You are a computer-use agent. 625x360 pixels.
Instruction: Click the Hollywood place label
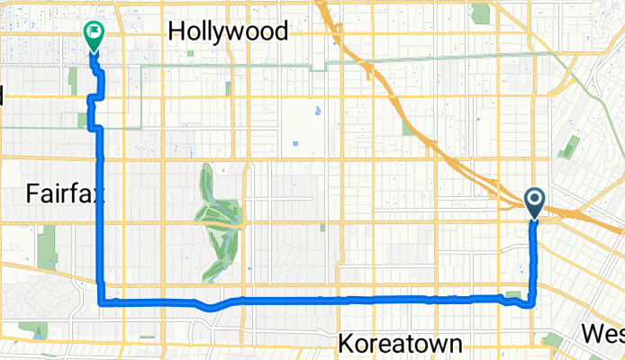pos(229,31)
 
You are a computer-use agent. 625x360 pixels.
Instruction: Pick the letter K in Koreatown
pos(346,343)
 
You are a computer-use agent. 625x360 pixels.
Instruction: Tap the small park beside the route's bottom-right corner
pos(514,294)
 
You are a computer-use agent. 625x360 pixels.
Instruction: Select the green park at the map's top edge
pos(480,13)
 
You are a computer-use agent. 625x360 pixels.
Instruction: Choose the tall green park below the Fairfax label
pos(45,243)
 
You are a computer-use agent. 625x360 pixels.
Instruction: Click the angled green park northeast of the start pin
pos(570,147)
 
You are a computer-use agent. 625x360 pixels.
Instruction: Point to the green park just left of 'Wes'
pos(551,340)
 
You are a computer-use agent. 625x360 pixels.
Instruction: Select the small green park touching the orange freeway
pos(410,129)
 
